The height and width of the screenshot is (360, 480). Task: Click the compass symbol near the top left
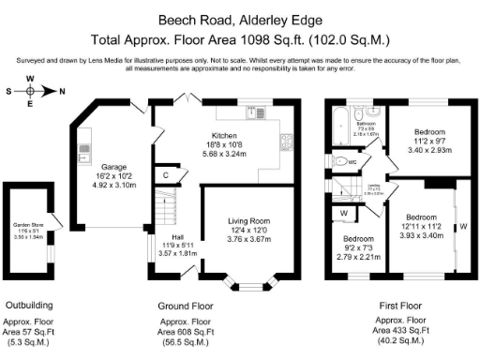tap(30, 91)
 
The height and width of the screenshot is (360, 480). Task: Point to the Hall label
tap(177, 237)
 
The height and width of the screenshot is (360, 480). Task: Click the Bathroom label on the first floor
tap(366, 124)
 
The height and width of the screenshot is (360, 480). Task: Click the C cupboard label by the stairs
tap(166, 174)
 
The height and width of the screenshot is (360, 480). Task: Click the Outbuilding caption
tap(29, 305)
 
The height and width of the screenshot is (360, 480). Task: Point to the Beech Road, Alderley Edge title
tap(239, 19)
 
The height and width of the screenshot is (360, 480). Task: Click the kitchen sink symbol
tap(253, 111)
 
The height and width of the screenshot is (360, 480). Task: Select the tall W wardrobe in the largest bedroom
tap(462, 225)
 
